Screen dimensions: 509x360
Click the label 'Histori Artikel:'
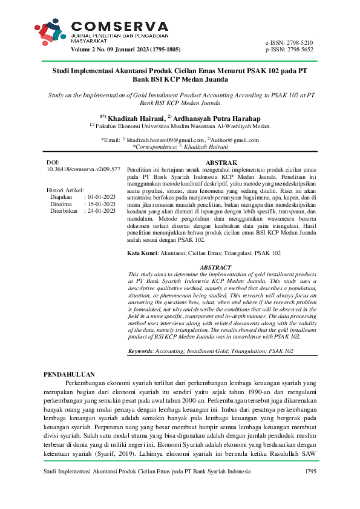65,190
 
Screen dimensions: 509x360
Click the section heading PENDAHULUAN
70,375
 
